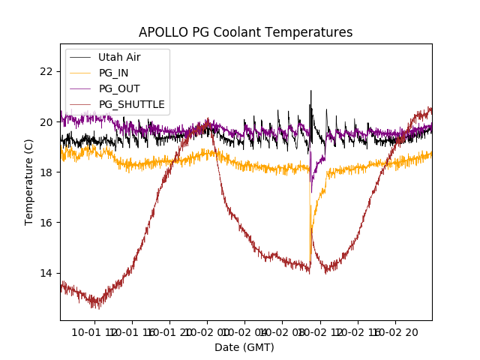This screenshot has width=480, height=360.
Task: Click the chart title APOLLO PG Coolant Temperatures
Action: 245,32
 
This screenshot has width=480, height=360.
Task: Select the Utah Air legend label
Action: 119,57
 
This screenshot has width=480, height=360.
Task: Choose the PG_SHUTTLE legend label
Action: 132,104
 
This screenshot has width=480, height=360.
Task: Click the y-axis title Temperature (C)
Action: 29,182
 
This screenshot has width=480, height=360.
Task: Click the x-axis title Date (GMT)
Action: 244,347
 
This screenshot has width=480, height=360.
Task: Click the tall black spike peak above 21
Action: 310,91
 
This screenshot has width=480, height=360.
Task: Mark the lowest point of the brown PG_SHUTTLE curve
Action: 95,307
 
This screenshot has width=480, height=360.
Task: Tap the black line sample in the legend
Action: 79,57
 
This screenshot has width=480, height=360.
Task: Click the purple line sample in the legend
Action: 79,88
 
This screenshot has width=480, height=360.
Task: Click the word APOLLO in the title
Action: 162,32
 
